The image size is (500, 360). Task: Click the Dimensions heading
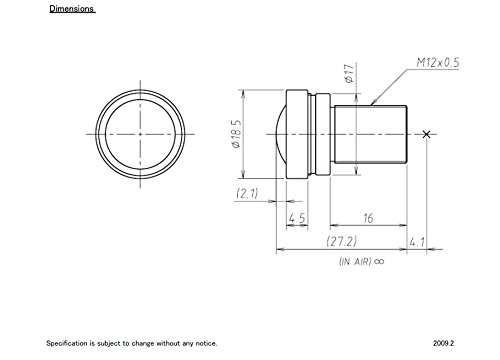(72, 9)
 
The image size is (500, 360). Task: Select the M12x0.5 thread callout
(438, 62)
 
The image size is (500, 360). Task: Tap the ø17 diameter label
(349, 73)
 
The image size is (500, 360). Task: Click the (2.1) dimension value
(247, 193)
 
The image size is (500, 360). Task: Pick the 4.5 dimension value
(297, 218)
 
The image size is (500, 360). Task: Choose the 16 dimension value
(368, 218)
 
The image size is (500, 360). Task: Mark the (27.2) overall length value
(342, 241)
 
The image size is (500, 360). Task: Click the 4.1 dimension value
(417, 242)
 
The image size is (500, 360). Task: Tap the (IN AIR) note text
(355, 261)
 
